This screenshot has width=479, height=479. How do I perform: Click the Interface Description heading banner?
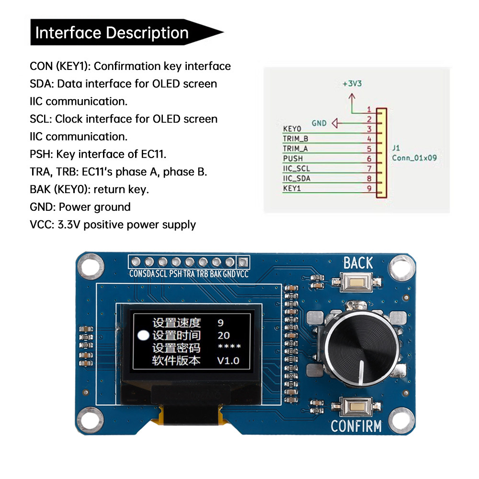120,33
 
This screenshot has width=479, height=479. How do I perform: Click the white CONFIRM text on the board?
356,426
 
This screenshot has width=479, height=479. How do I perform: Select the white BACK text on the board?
358,263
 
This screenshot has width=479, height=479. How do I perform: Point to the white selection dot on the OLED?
143,335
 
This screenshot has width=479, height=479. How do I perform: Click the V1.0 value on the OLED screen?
228,361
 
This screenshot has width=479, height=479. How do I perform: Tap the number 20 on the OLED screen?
223,335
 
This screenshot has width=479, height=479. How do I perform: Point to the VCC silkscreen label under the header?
243,274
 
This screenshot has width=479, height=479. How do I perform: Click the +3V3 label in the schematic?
352,83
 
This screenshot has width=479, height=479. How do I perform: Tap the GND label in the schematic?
319,123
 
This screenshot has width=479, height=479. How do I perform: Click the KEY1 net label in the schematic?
292,188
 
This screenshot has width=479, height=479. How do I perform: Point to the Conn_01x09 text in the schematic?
414,158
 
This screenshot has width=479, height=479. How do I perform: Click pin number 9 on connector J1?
369,189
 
